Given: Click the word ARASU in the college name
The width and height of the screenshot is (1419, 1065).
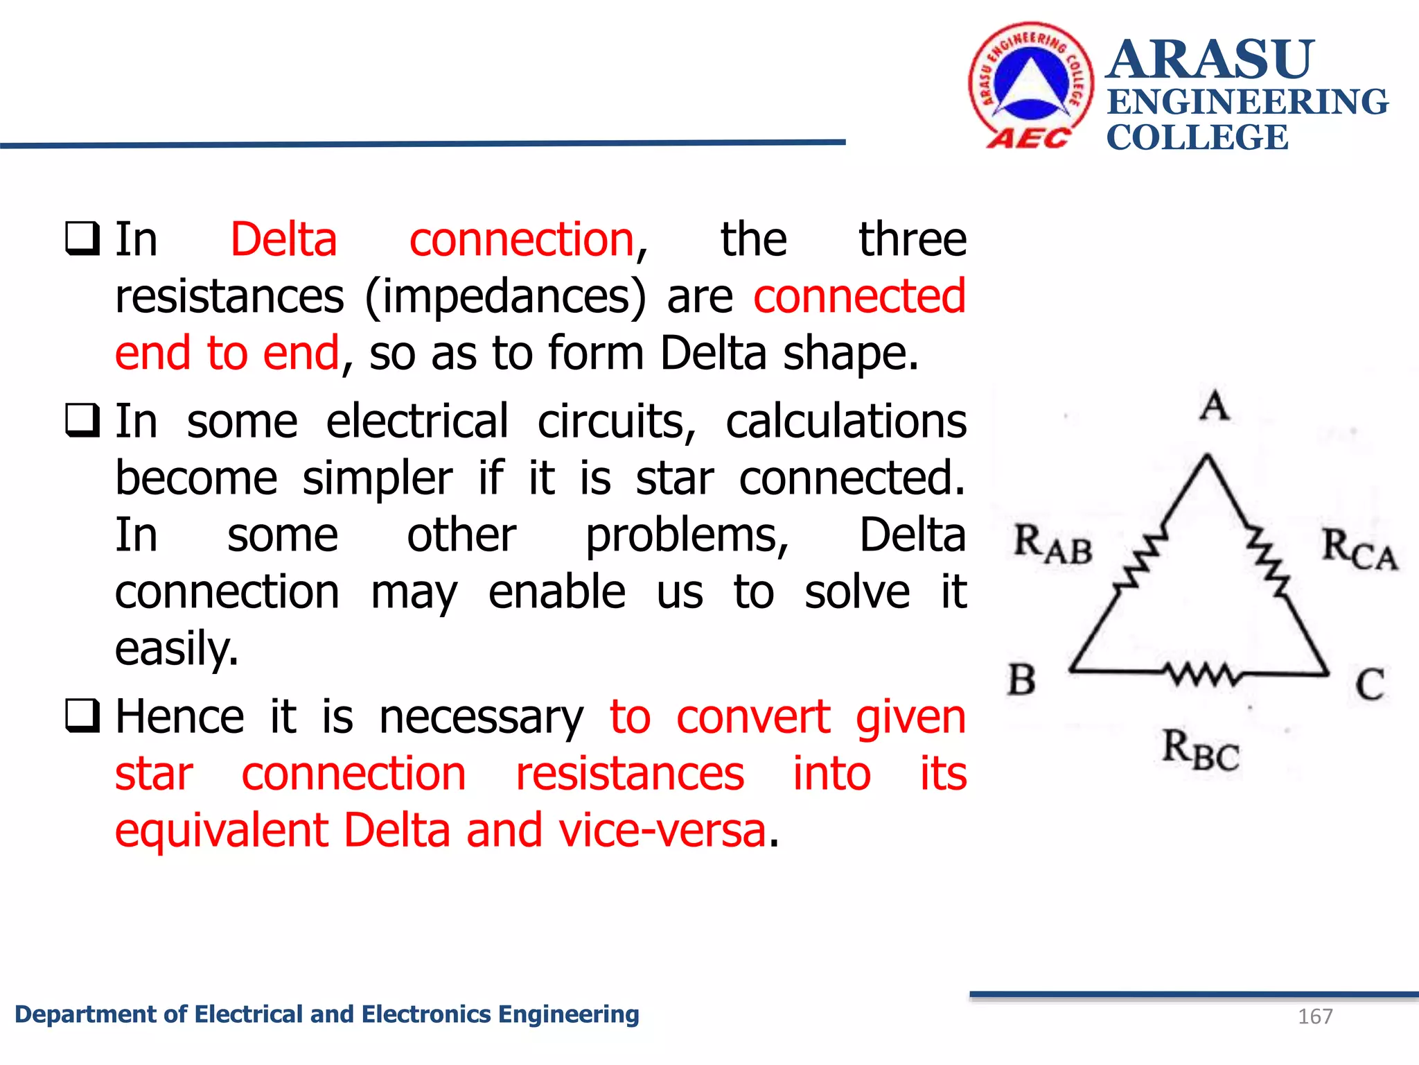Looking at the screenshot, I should click(1210, 60).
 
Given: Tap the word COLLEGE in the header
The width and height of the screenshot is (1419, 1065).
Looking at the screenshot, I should click(1197, 137).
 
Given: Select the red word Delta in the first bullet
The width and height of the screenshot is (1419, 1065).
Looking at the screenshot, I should click(283, 240).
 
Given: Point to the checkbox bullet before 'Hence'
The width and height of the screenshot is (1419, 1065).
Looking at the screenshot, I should click(82, 716).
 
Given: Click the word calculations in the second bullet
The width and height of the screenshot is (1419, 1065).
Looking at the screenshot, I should click(845, 422).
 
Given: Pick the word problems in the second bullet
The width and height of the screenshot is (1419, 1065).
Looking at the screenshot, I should click(687, 536).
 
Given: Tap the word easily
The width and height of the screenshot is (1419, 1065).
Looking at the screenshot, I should click(177, 649).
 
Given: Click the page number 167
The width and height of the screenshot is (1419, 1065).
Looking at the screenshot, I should click(1315, 1016).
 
